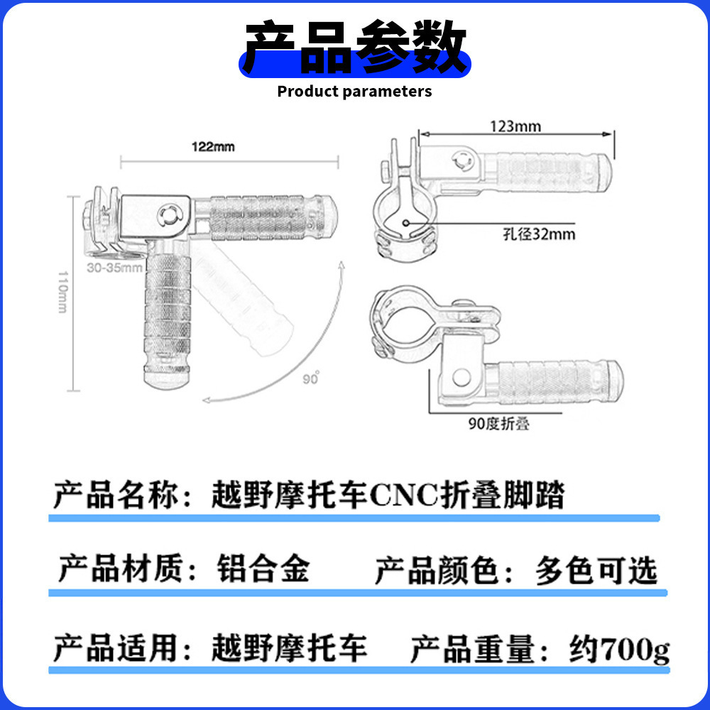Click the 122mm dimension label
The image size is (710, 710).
click(x=213, y=148)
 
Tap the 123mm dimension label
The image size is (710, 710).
click(x=515, y=127)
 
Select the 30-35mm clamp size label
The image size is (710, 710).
click(x=114, y=269)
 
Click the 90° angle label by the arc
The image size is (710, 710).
click(x=310, y=378)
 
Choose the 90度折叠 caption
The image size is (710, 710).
click(x=498, y=424)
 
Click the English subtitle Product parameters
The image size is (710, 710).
click(x=354, y=91)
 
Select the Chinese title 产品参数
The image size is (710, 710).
click(x=354, y=48)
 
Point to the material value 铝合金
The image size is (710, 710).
click(x=263, y=570)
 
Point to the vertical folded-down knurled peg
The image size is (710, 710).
click(x=168, y=319)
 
